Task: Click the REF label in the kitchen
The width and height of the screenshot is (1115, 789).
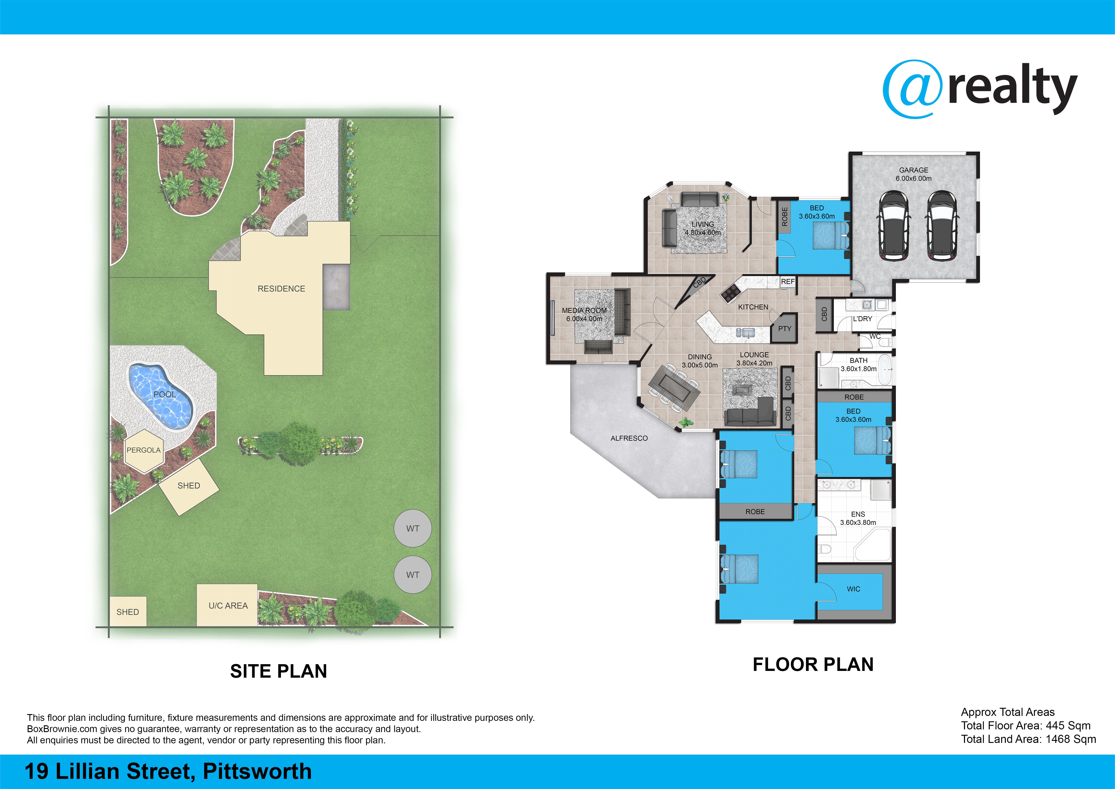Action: pos(788,282)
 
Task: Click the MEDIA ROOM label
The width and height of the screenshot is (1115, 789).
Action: pos(584,310)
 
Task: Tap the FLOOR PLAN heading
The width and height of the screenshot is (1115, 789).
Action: pos(813,664)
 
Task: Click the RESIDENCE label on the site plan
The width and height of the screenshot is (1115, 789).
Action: pos(281,289)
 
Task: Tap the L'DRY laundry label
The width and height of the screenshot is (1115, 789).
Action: pos(862,319)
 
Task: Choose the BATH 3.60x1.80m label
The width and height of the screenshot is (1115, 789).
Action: pos(859,364)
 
